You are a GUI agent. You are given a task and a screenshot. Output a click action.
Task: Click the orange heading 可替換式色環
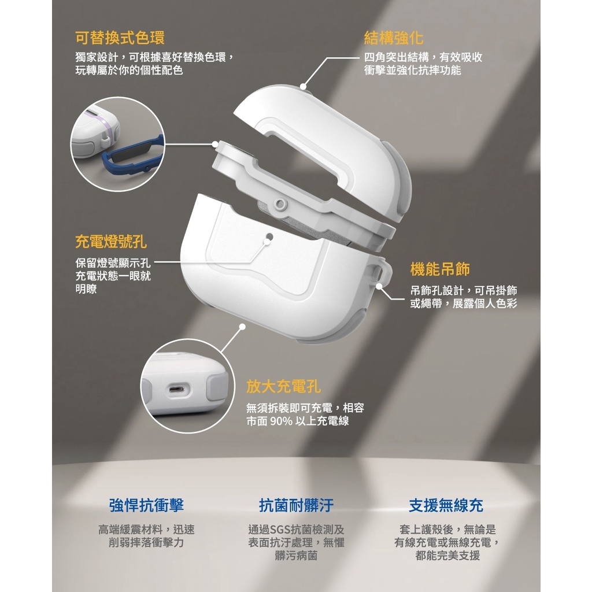[x=120, y=38]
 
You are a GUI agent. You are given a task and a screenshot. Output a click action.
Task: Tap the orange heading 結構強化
[x=394, y=38]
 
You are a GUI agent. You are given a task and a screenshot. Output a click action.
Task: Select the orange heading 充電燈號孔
[x=111, y=242]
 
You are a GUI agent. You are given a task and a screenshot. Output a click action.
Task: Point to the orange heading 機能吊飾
[x=440, y=269]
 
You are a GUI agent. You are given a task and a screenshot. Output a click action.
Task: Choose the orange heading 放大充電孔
[x=283, y=386]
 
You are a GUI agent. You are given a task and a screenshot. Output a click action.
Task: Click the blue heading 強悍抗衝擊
[x=146, y=505]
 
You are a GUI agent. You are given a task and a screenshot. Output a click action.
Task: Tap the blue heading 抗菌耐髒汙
[x=297, y=505]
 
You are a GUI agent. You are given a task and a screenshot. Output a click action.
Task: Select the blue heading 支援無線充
[x=446, y=505]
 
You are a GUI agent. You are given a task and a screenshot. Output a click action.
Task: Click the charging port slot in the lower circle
[x=177, y=389]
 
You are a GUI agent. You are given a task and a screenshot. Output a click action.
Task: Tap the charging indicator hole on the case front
[x=269, y=236]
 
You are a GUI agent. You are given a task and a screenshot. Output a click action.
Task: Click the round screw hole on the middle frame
[x=280, y=204]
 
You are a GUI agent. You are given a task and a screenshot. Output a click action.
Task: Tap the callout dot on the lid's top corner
[x=303, y=87]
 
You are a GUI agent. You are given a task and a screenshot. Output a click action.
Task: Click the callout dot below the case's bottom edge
[x=242, y=326]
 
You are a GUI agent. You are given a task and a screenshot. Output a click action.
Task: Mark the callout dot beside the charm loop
[x=379, y=287]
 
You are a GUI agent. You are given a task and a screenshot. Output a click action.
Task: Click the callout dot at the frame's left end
[x=215, y=144]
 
